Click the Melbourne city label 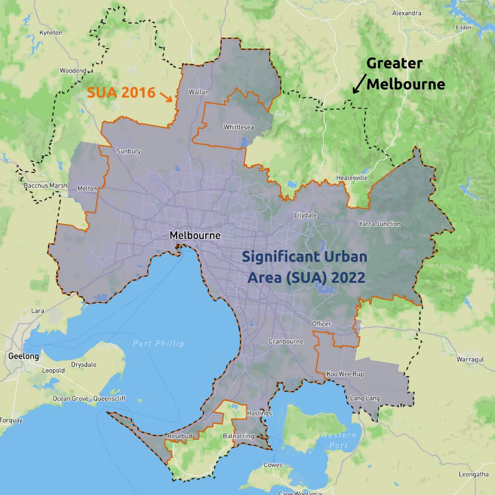click(x=195, y=236)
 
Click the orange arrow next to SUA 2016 click(x=166, y=96)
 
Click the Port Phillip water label click(x=158, y=343)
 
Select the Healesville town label click(x=352, y=178)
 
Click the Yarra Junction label click(x=379, y=224)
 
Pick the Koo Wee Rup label click(x=345, y=374)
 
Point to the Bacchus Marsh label click(x=45, y=186)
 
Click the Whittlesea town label click(x=239, y=127)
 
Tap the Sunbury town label click(x=129, y=151)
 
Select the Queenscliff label click(x=110, y=398)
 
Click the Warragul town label click(x=470, y=359)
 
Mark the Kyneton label click(x=50, y=33)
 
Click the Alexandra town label click(x=407, y=13)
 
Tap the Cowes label click(x=273, y=465)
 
